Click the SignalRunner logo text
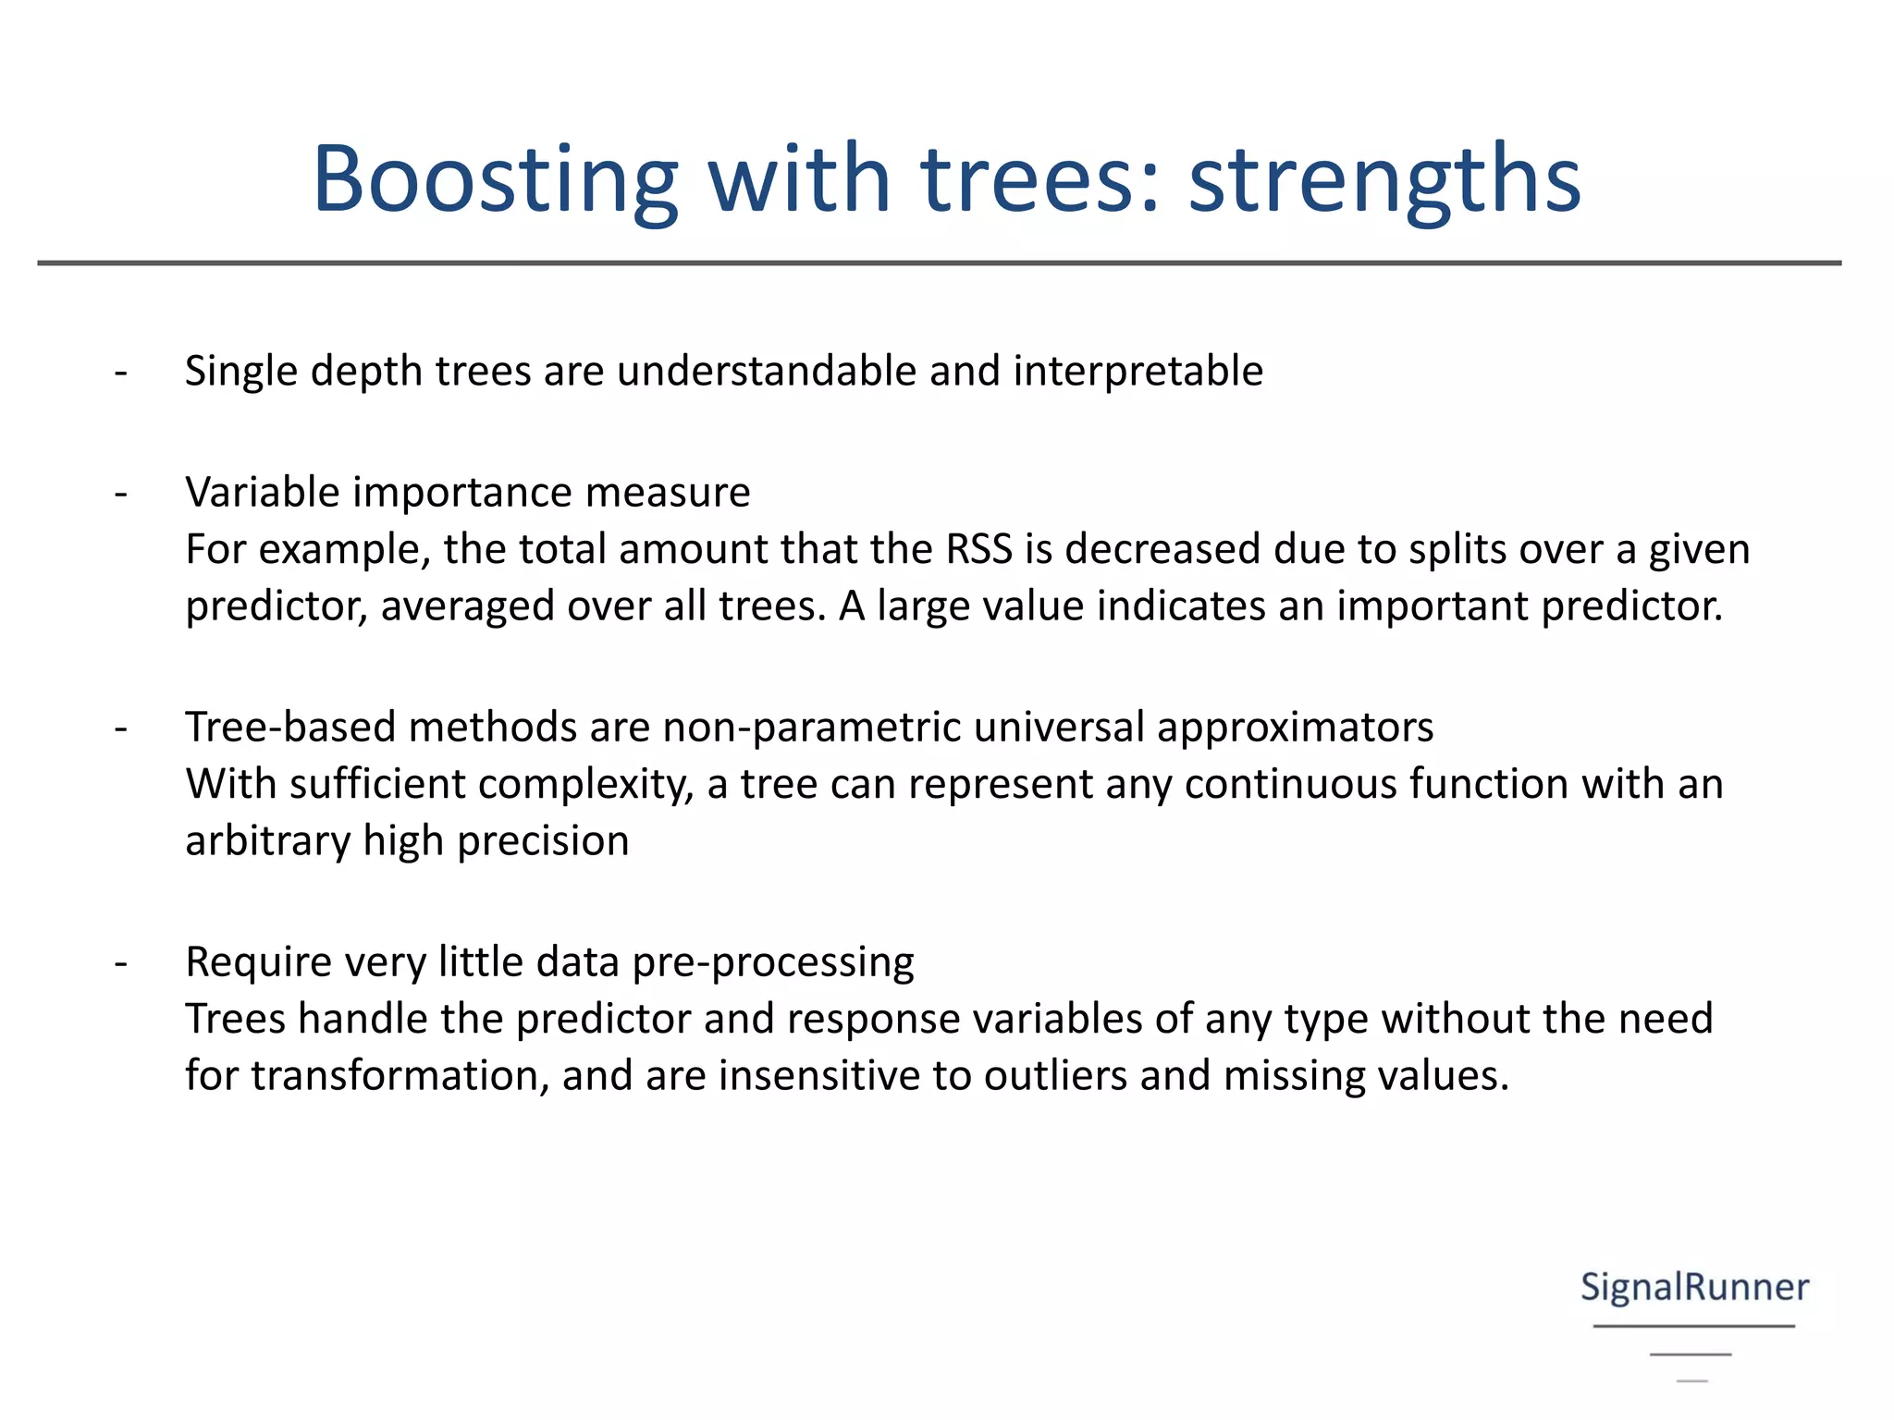1694,1287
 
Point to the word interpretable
1138,372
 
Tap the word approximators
1295,727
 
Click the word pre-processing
773,962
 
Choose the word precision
543,841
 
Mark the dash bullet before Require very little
121,963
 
